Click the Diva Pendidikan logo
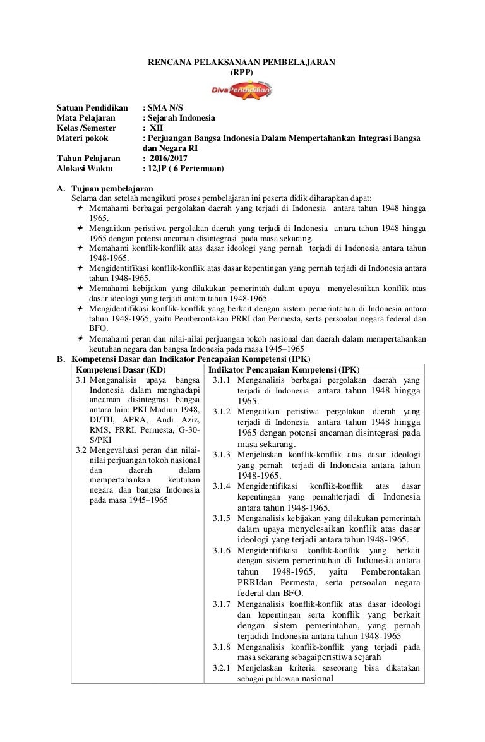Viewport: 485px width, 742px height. (243, 91)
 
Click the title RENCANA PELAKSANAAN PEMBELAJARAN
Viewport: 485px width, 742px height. (242, 62)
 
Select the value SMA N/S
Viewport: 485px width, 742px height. (165, 108)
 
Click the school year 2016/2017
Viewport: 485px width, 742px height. (168, 159)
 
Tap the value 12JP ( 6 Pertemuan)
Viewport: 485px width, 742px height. (184, 169)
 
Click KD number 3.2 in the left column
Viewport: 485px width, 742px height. (81, 450)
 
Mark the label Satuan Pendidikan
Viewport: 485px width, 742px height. (92, 108)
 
